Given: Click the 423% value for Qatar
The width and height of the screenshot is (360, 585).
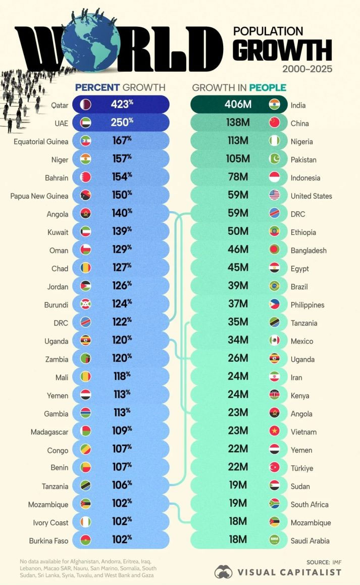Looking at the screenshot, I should pos(122,105).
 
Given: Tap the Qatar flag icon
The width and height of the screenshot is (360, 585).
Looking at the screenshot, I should pos(86,105).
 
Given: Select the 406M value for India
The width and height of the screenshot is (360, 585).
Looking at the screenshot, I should pos(237,105).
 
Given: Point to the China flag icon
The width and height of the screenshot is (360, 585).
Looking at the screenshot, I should pos(274,123).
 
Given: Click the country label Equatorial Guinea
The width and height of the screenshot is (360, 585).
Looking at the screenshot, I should pos(41,141).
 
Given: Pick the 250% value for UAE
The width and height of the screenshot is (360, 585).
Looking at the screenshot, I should pos(122,123).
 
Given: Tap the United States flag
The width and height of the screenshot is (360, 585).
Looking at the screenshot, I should pos(274,196).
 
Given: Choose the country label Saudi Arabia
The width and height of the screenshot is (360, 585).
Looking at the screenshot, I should pos(310,541).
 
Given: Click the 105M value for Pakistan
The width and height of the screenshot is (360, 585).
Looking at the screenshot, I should pos(237,159).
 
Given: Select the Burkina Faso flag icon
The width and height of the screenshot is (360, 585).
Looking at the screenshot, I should pos(86,540).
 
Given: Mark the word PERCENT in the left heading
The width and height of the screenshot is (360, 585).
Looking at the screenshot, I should pos(97,87).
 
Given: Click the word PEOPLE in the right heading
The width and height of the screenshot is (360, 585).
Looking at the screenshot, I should pos(267,87).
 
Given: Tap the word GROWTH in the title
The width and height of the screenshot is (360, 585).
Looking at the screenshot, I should pos(282,51).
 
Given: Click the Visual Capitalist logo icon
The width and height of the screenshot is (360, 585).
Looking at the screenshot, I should pos(223,572).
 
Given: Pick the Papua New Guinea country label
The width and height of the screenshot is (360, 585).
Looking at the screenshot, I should pos(39,196).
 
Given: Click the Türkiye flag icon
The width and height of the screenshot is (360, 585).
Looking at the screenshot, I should pos(274,467).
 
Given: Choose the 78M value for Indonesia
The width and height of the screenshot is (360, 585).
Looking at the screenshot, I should pos(237,177).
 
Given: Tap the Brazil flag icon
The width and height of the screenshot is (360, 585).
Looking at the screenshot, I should pos(274,286).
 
